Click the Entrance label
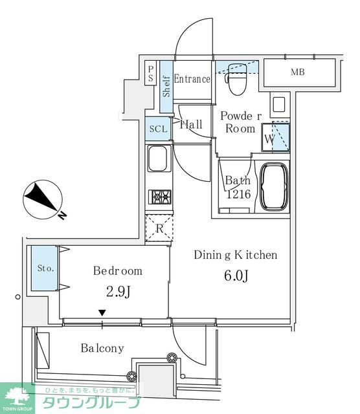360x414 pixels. click(192, 79)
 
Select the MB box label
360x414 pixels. click(298, 72)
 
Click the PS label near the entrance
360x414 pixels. click(150, 74)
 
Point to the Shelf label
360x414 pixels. click(166, 85)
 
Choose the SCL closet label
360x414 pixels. click(158, 129)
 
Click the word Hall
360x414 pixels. click(191, 124)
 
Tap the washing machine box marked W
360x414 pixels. click(269, 137)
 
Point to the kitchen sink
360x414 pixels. click(158, 158)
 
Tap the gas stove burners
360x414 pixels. click(159, 197)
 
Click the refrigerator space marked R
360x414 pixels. click(159, 227)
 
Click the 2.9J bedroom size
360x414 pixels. click(117, 292)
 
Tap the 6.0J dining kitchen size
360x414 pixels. click(235, 276)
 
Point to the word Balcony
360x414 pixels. click(102, 348)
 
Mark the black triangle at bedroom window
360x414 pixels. click(102, 314)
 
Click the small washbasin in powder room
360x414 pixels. click(279, 104)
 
